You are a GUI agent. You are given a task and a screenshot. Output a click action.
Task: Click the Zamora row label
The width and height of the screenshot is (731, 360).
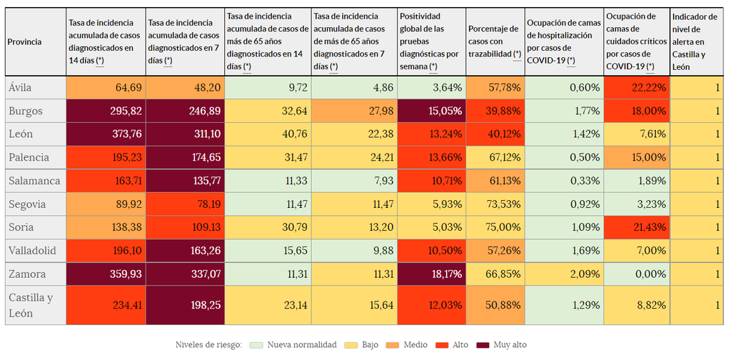(28, 274)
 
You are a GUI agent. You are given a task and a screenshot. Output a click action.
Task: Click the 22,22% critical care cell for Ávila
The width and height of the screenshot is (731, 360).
(636, 88)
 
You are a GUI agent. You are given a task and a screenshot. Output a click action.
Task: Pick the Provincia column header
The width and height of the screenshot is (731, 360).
(24, 41)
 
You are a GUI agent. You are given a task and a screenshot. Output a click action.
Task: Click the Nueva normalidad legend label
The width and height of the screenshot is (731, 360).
(302, 345)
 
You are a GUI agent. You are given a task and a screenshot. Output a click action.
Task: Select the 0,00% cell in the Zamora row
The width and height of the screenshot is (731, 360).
(636, 274)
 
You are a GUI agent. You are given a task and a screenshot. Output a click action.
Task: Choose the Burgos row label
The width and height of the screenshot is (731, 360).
(26, 111)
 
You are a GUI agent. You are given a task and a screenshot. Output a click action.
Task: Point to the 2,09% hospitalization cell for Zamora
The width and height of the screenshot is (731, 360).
(563, 274)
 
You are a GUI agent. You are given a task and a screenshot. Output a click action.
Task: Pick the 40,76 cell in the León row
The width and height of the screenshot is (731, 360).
(268, 134)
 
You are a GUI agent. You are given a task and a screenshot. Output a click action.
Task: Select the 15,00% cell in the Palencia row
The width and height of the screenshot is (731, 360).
(636, 158)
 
